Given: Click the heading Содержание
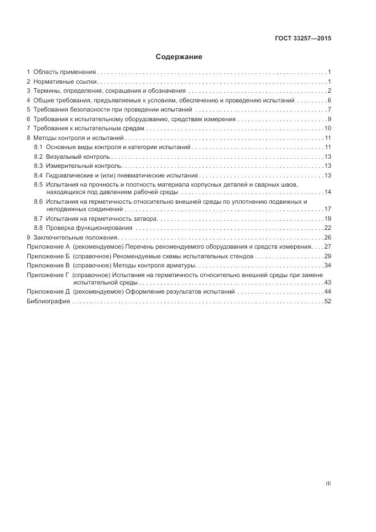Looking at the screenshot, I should click(x=179, y=57).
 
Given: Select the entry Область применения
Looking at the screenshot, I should click(x=65, y=72).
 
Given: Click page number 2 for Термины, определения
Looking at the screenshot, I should click(x=329, y=91).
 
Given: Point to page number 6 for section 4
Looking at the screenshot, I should click(x=329, y=100).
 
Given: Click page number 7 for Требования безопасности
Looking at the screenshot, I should click(x=329, y=109).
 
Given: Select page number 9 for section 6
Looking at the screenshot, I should click(x=329, y=119).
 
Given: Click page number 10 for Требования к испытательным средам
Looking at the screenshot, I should click(x=328, y=129).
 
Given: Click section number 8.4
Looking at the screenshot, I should click(x=38, y=175).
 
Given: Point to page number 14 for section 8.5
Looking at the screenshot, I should click(x=328, y=192).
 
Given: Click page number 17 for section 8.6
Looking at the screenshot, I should click(x=328, y=209).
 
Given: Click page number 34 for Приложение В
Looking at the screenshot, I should click(x=328, y=265).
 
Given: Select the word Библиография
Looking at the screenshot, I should click(x=48, y=301).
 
